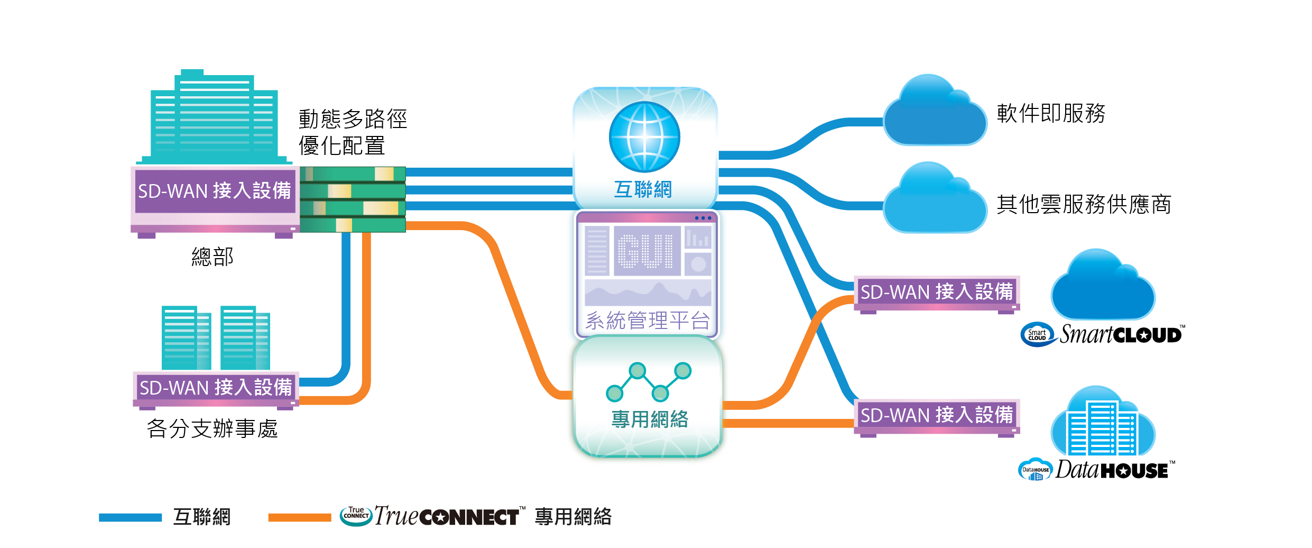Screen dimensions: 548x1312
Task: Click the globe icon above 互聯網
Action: coord(644,136)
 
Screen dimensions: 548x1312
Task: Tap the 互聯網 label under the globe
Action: coord(643,189)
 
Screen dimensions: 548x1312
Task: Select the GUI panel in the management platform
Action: coord(647,251)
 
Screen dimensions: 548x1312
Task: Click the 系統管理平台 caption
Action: coord(648,321)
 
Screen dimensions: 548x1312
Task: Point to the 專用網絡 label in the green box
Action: coord(650,419)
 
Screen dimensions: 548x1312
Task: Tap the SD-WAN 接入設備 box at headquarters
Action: coord(214,191)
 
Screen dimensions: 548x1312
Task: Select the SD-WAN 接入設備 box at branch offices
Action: coord(216,388)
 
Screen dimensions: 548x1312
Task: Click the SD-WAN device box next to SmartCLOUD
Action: coord(936,292)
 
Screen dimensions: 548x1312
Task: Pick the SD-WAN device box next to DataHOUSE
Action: coord(936,415)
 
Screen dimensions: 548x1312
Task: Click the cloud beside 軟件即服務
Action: coord(935,114)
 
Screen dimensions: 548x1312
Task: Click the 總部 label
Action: coord(212,257)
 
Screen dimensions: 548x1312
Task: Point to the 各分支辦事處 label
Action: coord(212,428)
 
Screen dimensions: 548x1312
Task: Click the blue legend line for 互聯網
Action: coord(130,517)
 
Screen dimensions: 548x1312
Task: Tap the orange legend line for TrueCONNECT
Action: coord(299,517)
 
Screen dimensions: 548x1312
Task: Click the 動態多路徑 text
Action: coord(353,119)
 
